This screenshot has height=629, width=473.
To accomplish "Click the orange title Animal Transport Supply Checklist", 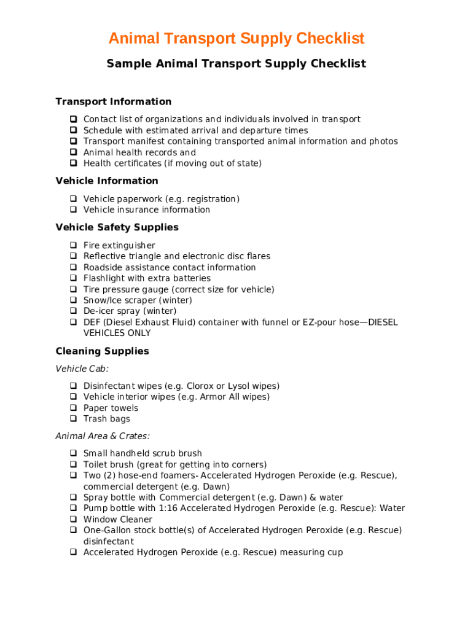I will pos(237,39).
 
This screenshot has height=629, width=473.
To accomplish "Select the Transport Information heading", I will pos(114,101).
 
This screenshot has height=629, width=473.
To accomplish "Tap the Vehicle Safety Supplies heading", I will pos(117,227).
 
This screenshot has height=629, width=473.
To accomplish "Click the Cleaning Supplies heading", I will pos(102,351).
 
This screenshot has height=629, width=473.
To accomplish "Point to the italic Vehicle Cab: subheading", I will pos(82,369).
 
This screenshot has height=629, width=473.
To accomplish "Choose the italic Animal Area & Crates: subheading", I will pos(103,436).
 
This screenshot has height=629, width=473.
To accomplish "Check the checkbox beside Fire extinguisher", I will pos(72,246).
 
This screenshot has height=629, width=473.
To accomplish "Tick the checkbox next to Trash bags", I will pos(72,419).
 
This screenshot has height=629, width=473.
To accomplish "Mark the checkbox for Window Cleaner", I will pos(72,520).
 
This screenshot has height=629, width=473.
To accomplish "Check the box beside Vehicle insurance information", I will pos(72,210).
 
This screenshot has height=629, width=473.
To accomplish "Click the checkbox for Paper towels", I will pos(72,408).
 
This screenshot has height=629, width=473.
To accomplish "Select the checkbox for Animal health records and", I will pos(72,152).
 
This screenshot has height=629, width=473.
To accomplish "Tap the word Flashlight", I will pos(104,278).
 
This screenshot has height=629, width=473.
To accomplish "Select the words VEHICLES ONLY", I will pos(117,333).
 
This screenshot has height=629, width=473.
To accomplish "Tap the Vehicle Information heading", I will pos(107,181).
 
